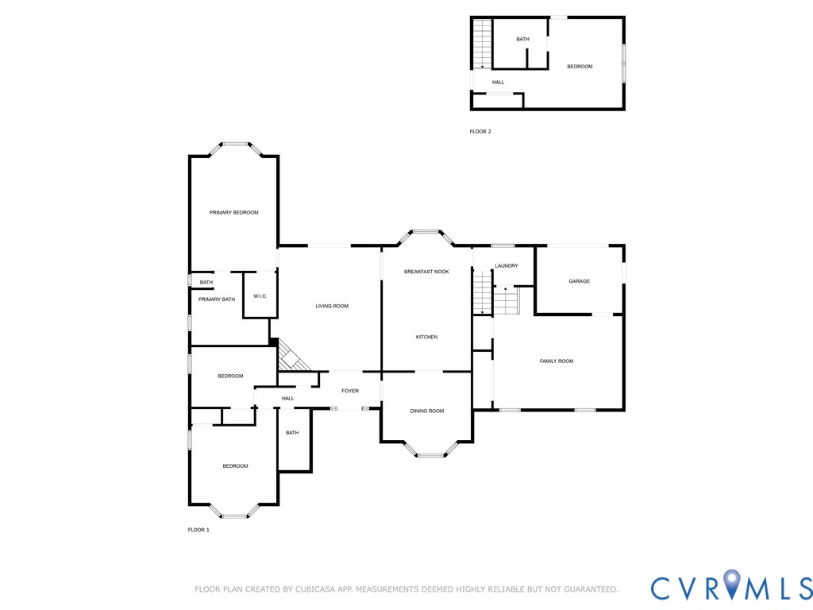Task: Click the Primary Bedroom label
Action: tap(233, 212)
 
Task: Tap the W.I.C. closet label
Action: tap(260, 296)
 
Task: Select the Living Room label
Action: tap(332, 306)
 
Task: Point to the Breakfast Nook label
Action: tap(426, 272)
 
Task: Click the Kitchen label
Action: tap(426, 337)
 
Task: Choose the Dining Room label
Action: tap(426, 411)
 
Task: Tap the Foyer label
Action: tap(350, 391)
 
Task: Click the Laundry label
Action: tap(507, 265)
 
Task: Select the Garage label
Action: tap(579, 281)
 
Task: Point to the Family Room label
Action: tap(557, 361)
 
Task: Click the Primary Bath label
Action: tap(217, 299)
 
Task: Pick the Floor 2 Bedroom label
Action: tap(580, 67)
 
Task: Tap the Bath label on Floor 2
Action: tap(522, 39)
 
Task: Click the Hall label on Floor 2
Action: tap(498, 82)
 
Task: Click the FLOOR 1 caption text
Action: tap(198, 530)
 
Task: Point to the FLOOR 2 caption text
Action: tap(480, 131)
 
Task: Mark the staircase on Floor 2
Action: tap(481, 43)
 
